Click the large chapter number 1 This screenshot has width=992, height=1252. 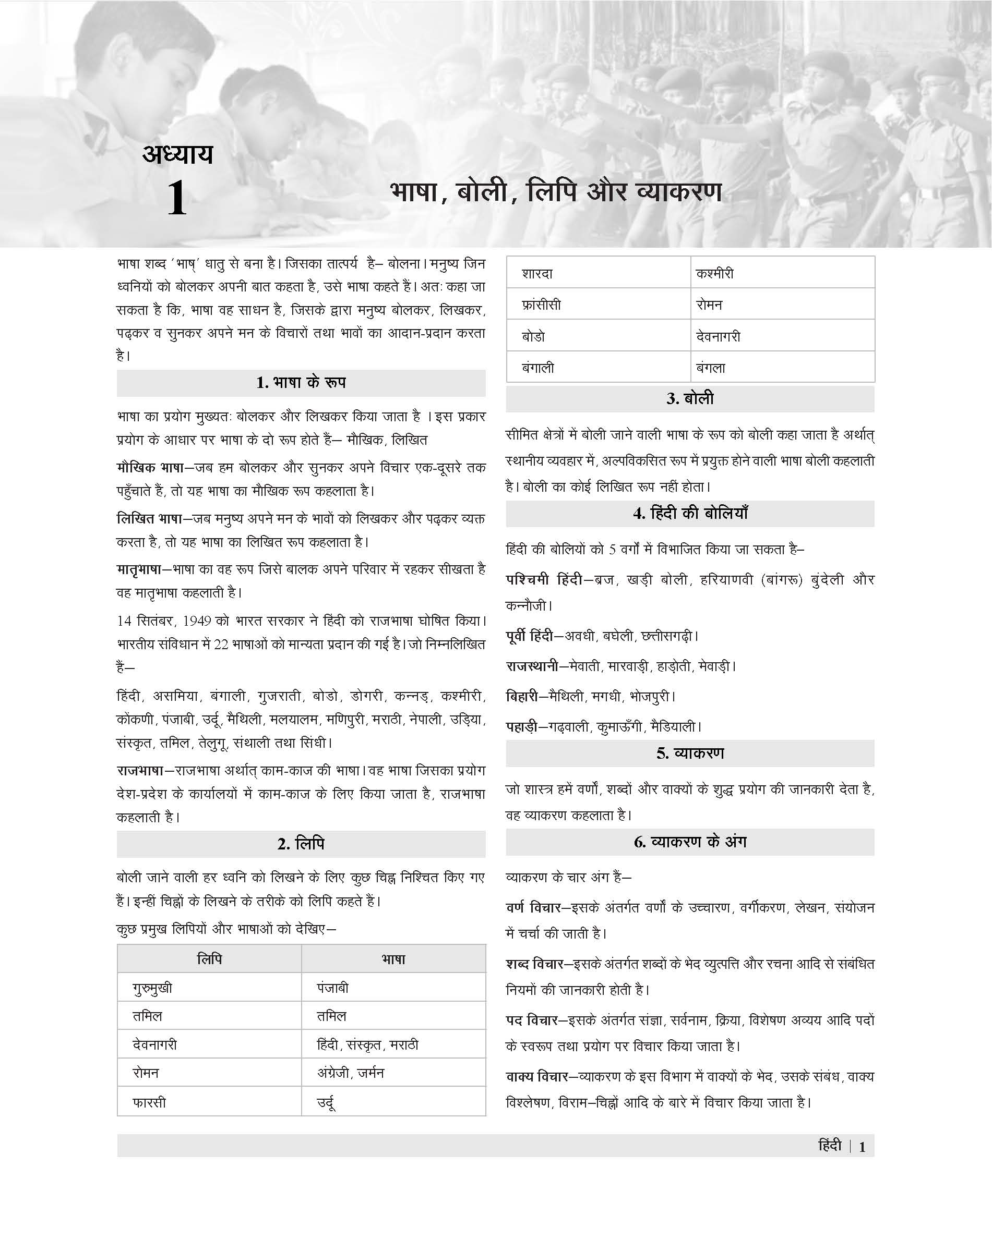[x=176, y=199]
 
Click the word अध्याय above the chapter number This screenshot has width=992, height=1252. [x=178, y=154]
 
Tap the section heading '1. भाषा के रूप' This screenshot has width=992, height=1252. [x=301, y=383]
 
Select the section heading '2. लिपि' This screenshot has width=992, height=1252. [x=301, y=843]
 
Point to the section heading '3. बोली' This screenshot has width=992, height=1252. [x=690, y=398]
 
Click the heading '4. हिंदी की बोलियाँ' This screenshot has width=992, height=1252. [x=690, y=513]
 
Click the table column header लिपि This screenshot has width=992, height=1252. [x=209, y=959]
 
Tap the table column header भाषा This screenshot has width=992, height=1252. [x=393, y=959]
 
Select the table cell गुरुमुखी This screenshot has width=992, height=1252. [x=152, y=988]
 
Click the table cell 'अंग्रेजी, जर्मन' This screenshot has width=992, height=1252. [x=350, y=1073]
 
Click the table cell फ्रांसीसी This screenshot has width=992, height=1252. [x=541, y=305]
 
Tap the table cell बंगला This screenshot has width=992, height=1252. [x=710, y=368]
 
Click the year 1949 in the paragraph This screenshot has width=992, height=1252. [x=197, y=621]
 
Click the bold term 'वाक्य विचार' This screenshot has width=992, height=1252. [x=536, y=1077]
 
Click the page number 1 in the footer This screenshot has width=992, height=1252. [x=862, y=1147]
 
